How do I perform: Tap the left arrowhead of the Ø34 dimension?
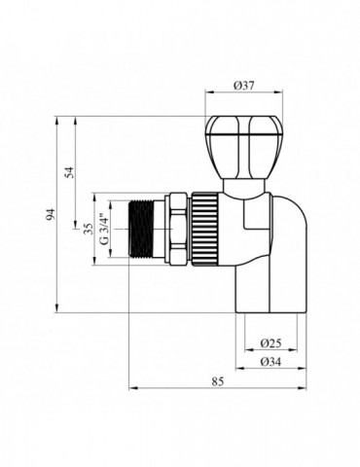(x=234, y=371)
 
